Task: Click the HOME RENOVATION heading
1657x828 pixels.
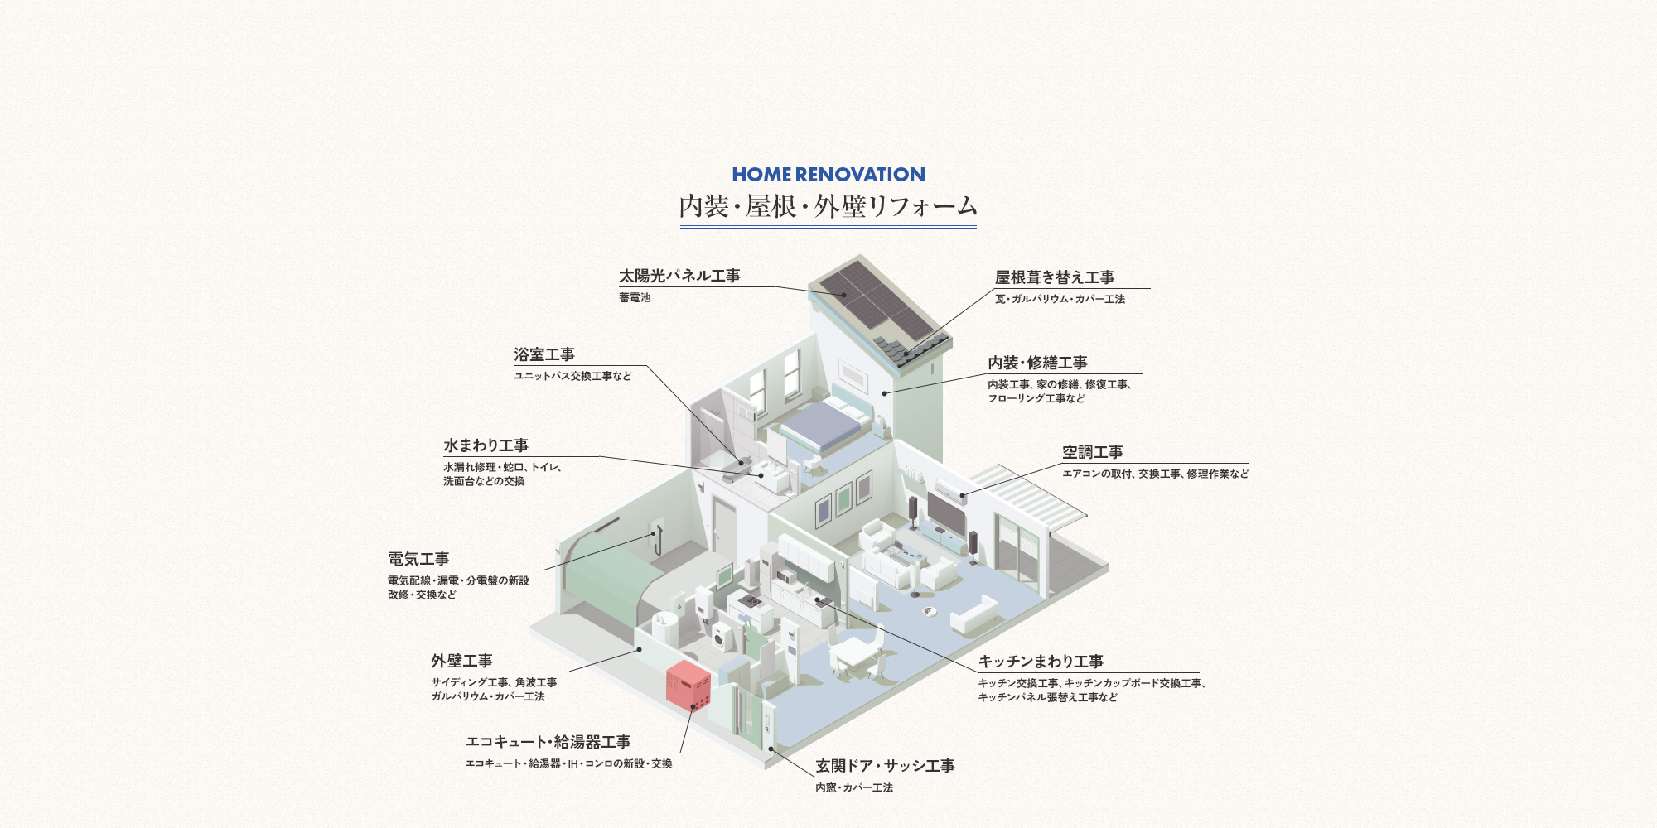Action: (x=828, y=175)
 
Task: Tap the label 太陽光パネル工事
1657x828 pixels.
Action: (x=679, y=276)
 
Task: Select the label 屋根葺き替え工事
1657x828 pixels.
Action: (x=1055, y=277)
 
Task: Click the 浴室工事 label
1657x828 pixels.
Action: (x=544, y=354)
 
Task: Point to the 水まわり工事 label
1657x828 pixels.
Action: (x=486, y=445)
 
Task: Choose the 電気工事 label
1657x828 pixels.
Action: (x=418, y=559)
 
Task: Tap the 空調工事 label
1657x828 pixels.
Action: (x=1093, y=452)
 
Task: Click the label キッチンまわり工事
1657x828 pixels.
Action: (x=1041, y=662)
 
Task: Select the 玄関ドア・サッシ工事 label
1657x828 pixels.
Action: (x=885, y=766)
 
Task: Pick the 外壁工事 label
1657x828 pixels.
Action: (x=461, y=661)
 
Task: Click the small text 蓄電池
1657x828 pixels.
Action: (x=635, y=298)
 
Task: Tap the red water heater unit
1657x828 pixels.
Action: (x=688, y=684)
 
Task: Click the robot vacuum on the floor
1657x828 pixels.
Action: (x=930, y=612)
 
